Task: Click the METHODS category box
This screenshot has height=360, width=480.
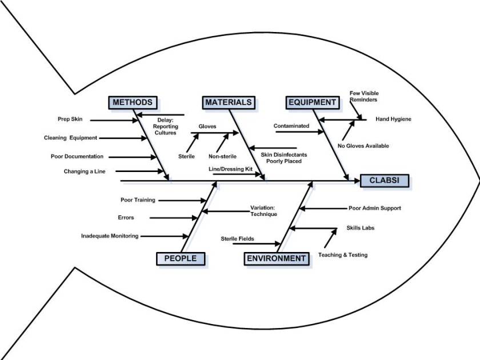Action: pyautogui.click(x=132, y=102)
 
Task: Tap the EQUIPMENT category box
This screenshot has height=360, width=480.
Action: pyautogui.click(x=312, y=102)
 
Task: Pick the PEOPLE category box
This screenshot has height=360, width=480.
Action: pyautogui.click(x=180, y=258)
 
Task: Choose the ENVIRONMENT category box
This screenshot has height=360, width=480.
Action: pyautogui.click(x=277, y=258)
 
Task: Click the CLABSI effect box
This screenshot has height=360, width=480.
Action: pyautogui.click(x=385, y=181)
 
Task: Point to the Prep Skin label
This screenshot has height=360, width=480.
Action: pyautogui.click(x=70, y=119)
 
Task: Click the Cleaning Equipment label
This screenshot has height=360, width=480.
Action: pyautogui.click(x=70, y=138)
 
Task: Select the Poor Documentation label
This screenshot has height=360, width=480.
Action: pyautogui.click(x=77, y=156)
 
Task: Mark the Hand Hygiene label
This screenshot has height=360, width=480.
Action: pyautogui.click(x=393, y=119)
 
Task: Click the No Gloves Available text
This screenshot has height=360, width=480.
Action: pyautogui.click(x=363, y=146)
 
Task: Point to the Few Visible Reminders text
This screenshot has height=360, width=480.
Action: pyautogui.click(x=364, y=97)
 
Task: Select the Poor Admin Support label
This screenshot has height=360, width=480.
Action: pyautogui.click(x=374, y=209)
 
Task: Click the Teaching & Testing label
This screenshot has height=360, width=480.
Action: pyautogui.click(x=343, y=255)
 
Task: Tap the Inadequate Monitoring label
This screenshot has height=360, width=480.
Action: pyautogui.click(x=109, y=236)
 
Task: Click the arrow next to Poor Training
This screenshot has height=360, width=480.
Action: pyautogui.click(x=182, y=200)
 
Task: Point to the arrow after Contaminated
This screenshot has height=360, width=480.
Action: pyautogui.click(x=299, y=132)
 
